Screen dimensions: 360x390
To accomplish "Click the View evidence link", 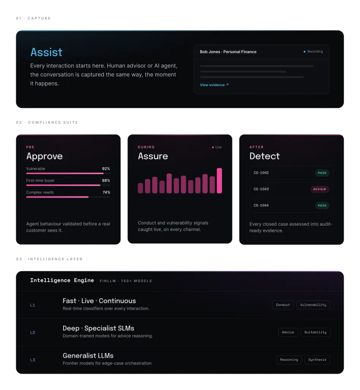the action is pyautogui.click(x=214, y=85).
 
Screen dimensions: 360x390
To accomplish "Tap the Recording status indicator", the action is pyautogui.click(x=313, y=51).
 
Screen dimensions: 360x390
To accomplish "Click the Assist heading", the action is pyautogui.click(x=46, y=52).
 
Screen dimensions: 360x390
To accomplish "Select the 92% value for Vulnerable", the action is pyautogui.click(x=106, y=169).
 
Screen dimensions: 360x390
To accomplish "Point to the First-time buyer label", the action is pyautogui.click(x=40, y=181).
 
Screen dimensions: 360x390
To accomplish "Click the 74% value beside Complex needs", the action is pyautogui.click(x=106, y=192).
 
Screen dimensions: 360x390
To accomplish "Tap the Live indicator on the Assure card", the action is pyautogui.click(x=217, y=147).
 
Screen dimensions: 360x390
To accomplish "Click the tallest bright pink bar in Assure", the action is pyautogui.click(x=219, y=181).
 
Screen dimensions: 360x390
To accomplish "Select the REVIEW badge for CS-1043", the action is pyautogui.click(x=320, y=189).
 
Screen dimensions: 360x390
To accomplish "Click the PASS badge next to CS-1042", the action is pyautogui.click(x=322, y=173).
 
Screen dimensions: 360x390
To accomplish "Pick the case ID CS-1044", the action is pyautogui.click(x=261, y=205).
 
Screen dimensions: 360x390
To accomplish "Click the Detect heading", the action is pyautogui.click(x=264, y=156).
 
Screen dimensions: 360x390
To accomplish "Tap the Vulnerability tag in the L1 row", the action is pyautogui.click(x=313, y=305).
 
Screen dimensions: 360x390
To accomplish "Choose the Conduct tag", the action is pyautogui.click(x=283, y=305).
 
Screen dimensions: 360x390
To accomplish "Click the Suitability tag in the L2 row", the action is pyautogui.click(x=315, y=332).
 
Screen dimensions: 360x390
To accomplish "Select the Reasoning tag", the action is pyautogui.click(x=289, y=360).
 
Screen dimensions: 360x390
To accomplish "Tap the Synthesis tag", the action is pyautogui.click(x=317, y=360).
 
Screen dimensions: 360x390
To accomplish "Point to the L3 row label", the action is pyautogui.click(x=33, y=360).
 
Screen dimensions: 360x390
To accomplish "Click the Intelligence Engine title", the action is pyautogui.click(x=62, y=280).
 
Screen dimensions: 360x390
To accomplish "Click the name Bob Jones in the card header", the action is pyautogui.click(x=210, y=52).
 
